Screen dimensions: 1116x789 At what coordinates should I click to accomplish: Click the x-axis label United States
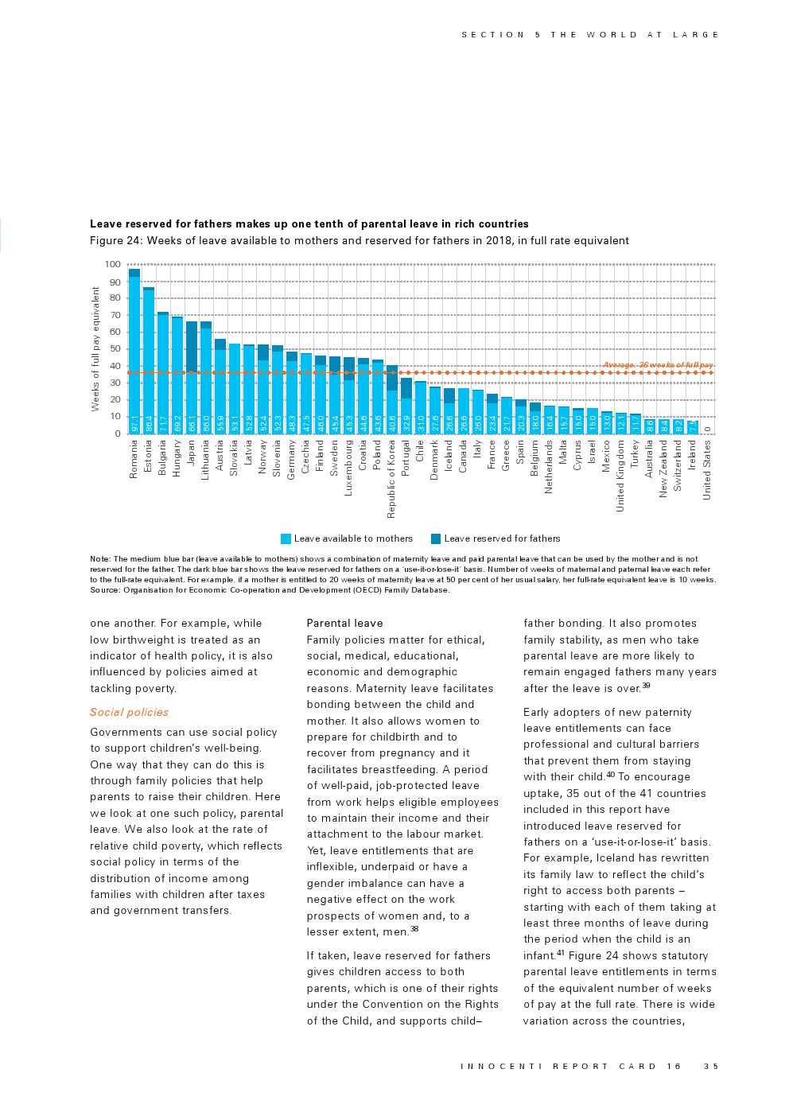[707, 470]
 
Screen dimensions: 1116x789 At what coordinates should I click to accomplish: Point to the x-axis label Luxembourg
[349, 469]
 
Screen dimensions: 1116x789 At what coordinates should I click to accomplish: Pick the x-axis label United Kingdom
[620, 476]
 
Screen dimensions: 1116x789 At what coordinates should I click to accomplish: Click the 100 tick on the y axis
[112, 265]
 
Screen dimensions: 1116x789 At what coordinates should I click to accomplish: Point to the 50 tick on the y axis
[115, 349]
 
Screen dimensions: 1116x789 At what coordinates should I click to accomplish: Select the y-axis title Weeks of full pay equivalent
[95, 349]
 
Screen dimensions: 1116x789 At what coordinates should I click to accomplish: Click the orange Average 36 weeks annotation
[657, 365]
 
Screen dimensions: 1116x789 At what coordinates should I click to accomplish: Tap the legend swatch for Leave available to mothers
[286, 539]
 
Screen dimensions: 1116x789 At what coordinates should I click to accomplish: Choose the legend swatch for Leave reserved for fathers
[436, 539]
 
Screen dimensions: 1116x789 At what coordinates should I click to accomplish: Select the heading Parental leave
[344, 624]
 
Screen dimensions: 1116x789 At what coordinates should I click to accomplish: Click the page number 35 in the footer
[710, 1067]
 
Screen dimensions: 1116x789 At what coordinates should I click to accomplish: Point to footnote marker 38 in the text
[414, 929]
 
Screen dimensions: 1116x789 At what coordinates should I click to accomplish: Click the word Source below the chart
[104, 590]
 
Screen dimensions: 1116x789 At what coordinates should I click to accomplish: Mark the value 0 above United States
[707, 430]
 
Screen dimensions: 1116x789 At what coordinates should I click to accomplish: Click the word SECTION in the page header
[493, 35]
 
